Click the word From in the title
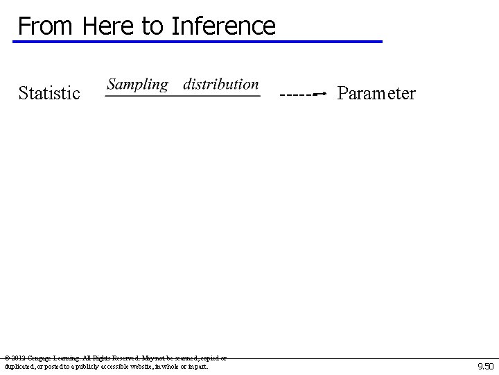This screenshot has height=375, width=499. tap(46, 26)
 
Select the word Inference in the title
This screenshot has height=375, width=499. tap(223, 26)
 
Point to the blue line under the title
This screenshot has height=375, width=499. tap(198, 42)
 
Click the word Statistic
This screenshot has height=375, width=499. tap(49, 93)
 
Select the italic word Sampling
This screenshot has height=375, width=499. tap(138, 85)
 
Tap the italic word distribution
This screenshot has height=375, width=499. tap(221, 85)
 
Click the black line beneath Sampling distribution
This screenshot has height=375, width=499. tap(182, 97)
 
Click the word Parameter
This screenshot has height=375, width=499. tap(376, 93)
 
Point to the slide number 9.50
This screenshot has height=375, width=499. tap(485, 366)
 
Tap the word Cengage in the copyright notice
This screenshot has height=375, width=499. tap(42, 358)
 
